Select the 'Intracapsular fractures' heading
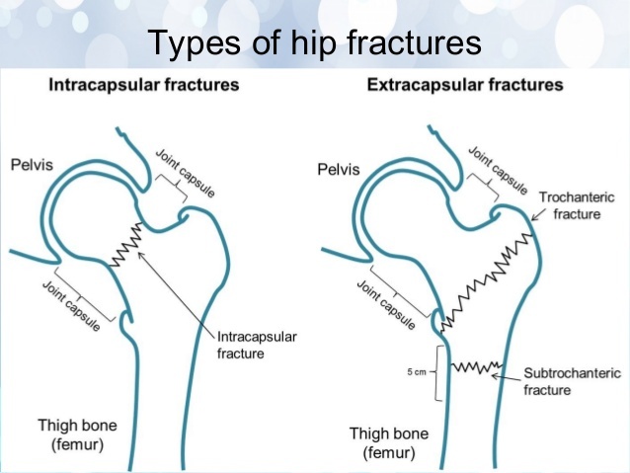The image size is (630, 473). pyautogui.click(x=144, y=85)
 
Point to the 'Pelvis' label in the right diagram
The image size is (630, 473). pyautogui.click(x=339, y=169)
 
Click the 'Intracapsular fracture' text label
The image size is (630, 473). pyautogui.click(x=256, y=345)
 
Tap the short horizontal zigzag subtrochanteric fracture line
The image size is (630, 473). pyautogui.click(x=471, y=368)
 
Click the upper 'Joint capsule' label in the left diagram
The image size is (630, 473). pyautogui.click(x=185, y=174)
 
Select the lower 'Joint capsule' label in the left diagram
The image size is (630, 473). pyautogui.click(x=70, y=305)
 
